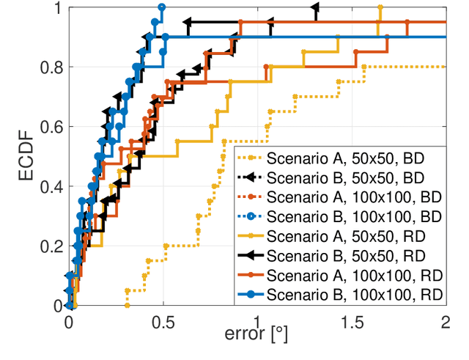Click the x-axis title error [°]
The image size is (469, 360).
(257, 336)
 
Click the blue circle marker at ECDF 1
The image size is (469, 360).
(162, 7)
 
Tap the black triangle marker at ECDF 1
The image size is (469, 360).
(315, 7)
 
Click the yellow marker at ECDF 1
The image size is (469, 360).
(380, 7)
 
